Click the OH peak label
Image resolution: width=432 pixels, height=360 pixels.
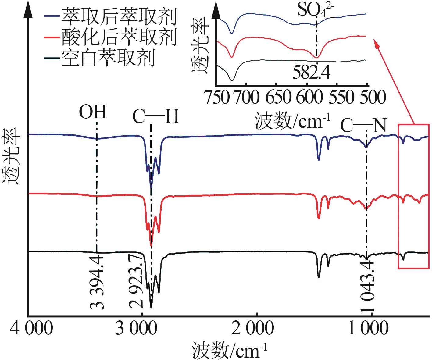tap(93, 112)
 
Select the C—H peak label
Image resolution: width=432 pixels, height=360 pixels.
tap(156, 117)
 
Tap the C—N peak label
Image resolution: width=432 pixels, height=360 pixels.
tap(363, 126)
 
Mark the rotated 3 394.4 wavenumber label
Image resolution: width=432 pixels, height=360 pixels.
tap(97, 282)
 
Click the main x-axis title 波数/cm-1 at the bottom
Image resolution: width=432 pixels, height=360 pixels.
tap(230, 351)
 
